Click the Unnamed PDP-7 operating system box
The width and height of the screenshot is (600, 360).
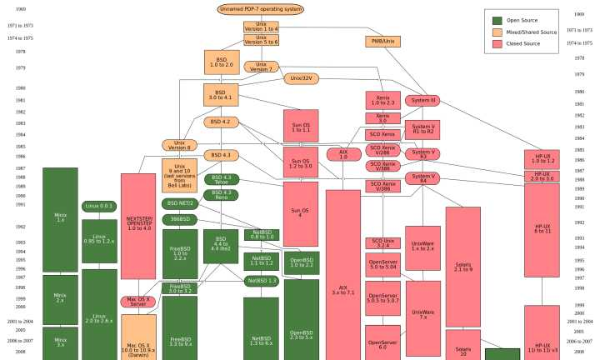260,9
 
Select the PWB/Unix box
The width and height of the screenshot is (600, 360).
382,41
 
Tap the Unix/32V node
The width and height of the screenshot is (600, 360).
302,78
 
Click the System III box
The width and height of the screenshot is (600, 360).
422,100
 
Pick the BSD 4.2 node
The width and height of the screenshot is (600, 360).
221,122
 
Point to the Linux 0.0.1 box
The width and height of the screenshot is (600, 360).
99,206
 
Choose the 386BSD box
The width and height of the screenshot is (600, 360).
180,218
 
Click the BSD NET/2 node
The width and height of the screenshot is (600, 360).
180,203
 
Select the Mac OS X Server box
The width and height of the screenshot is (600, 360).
138,301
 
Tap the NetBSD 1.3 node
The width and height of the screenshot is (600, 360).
261,281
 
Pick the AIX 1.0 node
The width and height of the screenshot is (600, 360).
342,154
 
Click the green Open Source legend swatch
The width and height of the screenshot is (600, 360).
497,20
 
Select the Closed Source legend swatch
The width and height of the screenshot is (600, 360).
497,43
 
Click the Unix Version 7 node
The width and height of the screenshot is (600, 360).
261,66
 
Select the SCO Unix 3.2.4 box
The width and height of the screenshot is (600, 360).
383,243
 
